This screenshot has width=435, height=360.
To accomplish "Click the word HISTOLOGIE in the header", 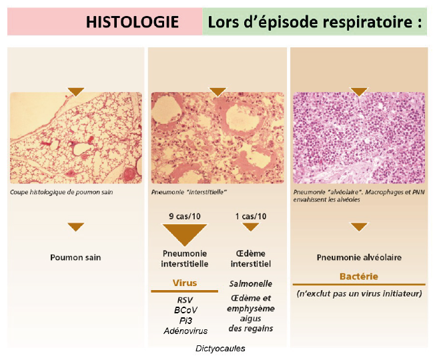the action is click(132, 22).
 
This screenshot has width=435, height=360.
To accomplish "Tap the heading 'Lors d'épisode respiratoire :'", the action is click(315, 22).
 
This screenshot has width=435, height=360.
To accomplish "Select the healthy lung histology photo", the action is click(76, 138).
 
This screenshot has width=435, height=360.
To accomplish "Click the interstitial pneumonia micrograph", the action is click(217, 138).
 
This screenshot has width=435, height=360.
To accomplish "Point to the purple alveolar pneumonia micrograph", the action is click(359, 138).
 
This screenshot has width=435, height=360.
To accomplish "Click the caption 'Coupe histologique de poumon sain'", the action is click(61, 192).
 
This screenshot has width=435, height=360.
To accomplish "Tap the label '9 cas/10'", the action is click(185, 216).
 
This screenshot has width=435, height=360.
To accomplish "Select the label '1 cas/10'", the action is click(251, 216).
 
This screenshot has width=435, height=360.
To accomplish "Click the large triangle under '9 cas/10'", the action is click(185, 233).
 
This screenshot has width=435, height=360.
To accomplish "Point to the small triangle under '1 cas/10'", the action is click(251, 227).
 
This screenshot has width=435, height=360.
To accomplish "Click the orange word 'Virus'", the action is click(185, 283).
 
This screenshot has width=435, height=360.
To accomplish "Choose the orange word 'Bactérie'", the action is click(359, 276).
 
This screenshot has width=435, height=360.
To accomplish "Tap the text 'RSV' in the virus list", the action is click(185, 300).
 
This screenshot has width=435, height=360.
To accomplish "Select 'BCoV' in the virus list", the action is click(185, 310).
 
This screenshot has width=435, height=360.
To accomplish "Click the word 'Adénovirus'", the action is click(185, 331).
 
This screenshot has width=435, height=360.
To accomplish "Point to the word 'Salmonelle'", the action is click(251, 283).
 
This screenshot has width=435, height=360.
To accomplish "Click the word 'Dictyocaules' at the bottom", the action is click(220, 349).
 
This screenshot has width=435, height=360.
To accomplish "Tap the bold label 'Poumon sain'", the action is click(75, 257).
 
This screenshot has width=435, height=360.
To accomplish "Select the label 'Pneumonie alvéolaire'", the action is click(359, 257).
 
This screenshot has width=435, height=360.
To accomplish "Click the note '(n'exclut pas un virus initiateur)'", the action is click(359, 293).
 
